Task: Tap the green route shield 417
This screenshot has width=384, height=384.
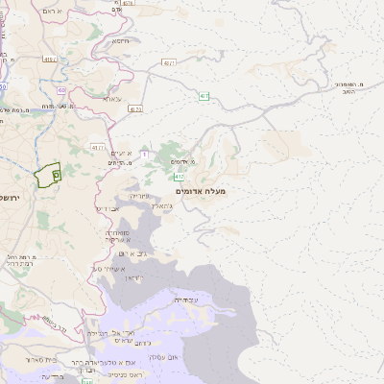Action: [180, 178]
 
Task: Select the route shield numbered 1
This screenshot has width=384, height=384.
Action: [144, 154]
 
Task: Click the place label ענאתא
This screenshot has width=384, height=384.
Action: [112, 99]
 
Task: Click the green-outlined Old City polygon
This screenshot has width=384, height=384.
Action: [47, 176]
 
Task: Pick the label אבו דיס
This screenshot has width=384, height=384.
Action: [109, 208]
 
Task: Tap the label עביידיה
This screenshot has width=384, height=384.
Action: [185, 300]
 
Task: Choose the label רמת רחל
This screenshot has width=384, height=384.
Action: [19, 259]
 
